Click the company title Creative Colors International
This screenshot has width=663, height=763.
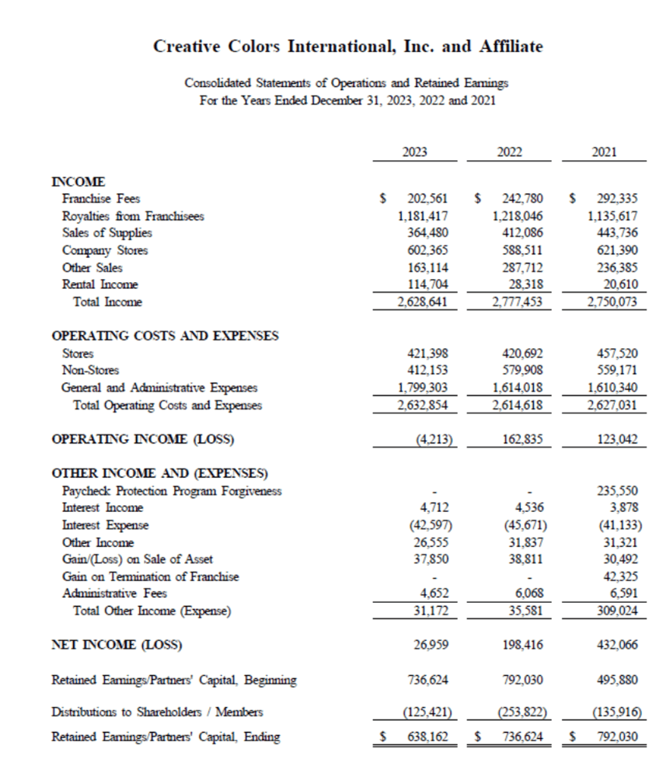[348, 47]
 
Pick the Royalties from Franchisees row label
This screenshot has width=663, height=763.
[133, 216]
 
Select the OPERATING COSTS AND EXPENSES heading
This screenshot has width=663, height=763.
[165, 336]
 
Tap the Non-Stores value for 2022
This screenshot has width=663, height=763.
[521, 370]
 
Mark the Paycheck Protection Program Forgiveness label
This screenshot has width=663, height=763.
[172, 491]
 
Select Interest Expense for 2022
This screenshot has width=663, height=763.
[521, 525]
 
